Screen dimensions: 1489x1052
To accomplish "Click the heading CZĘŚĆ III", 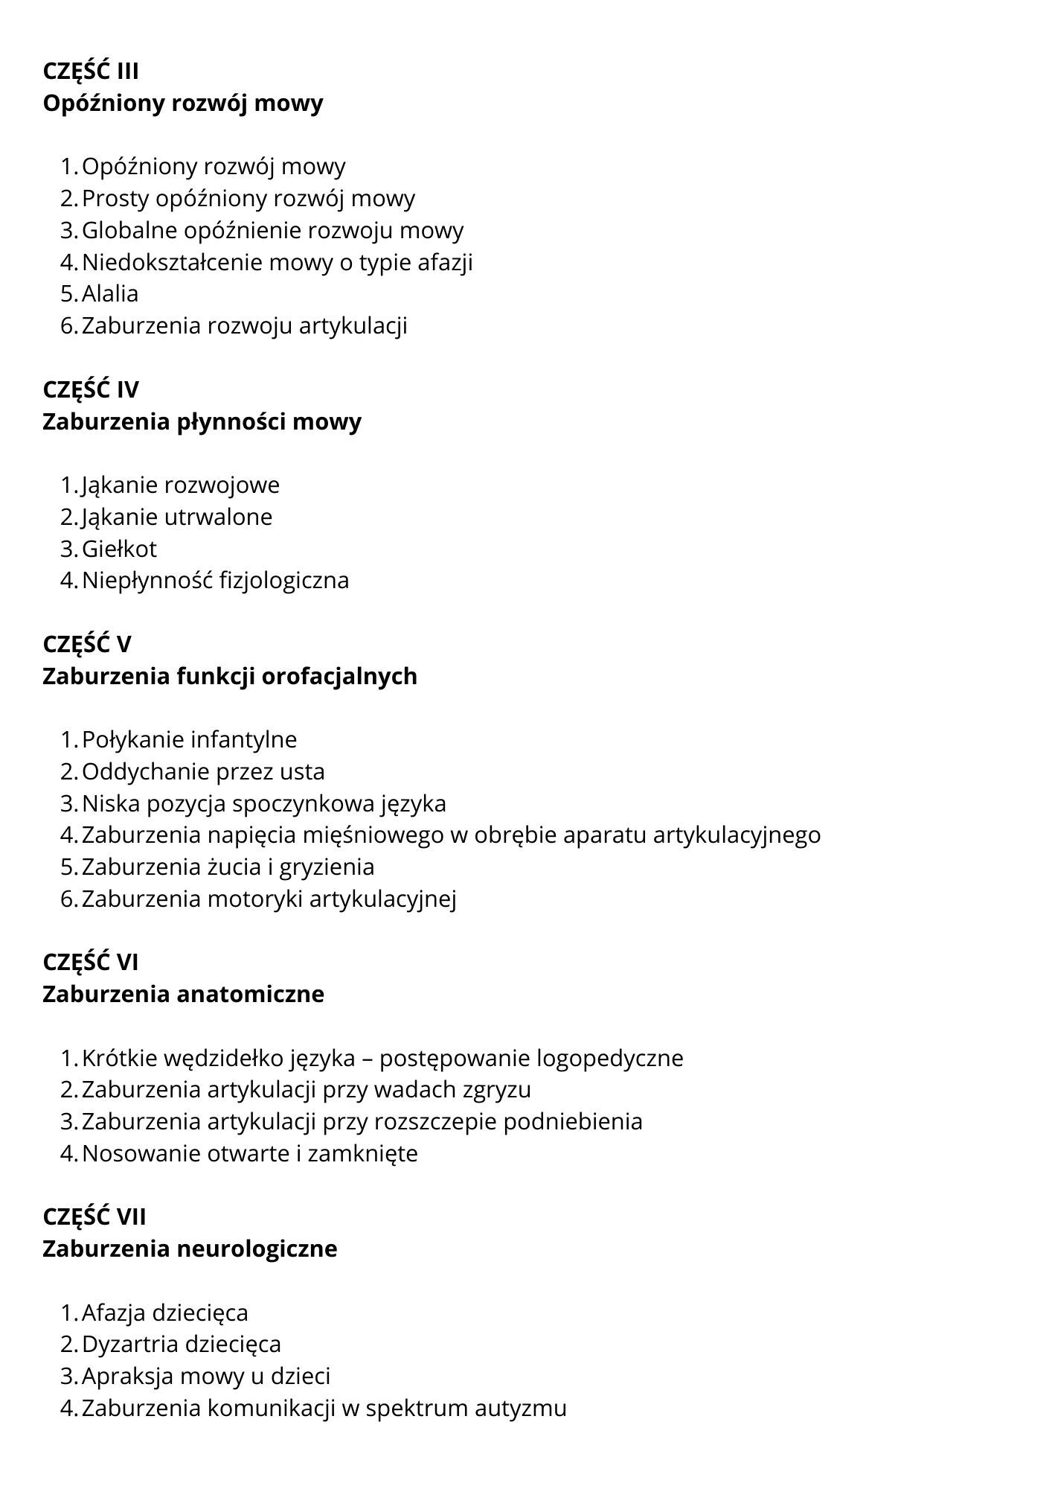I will click(x=91, y=71).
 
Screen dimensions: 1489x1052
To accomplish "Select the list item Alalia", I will click(x=110, y=294).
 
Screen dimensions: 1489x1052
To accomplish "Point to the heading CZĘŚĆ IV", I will click(x=91, y=390).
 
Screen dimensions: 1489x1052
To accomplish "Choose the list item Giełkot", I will click(x=119, y=549).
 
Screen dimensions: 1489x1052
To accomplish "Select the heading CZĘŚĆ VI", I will click(x=91, y=963).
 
